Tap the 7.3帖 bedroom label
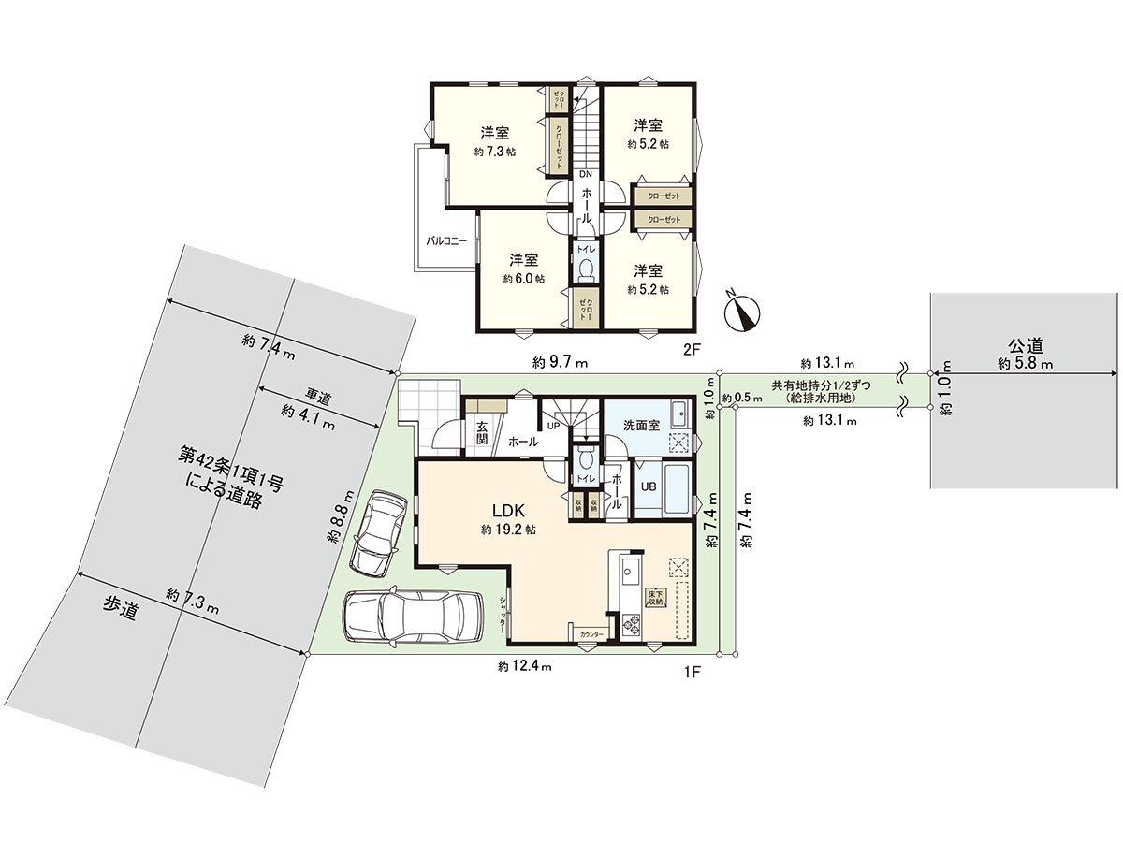[495, 141]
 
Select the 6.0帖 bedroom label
[523, 269]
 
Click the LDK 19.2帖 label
[508, 519]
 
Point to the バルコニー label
[447, 240]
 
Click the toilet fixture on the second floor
[587, 269]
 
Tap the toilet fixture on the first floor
[585, 459]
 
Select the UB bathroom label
[648, 486]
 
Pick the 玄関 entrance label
[481, 433]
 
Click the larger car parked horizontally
[413, 617]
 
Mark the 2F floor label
[691, 351]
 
